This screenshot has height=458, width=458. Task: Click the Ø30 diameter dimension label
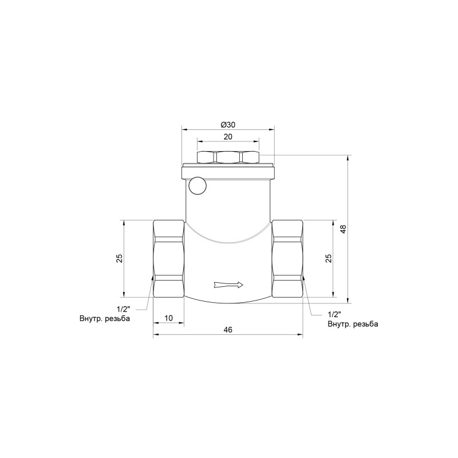(x=228, y=125)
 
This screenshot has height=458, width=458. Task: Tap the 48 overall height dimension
(x=343, y=229)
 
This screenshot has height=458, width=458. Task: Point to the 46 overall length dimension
(x=228, y=330)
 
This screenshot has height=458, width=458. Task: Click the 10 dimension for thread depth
(x=168, y=318)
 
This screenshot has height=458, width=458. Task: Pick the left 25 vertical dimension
(x=119, y=259)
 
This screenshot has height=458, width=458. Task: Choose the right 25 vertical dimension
(x=329, y=259)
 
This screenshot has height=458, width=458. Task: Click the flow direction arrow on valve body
(x=228, y=284)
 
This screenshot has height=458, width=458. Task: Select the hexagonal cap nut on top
(x=228, y=157)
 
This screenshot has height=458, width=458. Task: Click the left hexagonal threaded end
(x=168, y=259)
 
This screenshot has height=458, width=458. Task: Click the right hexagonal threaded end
(x=288, y=259)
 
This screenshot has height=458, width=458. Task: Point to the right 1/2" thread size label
(x=334, y=315)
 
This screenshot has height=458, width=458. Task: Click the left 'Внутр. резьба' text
(x=105, y=318)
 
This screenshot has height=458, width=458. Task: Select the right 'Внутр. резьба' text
(x=353, y=324)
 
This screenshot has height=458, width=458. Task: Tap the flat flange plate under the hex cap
(x=228, y=171)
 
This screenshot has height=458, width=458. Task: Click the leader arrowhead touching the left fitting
(x=152, y=278)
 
